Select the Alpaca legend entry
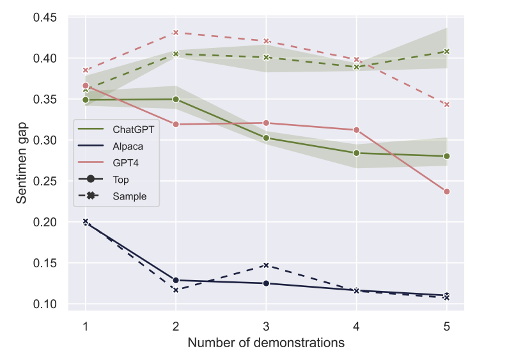tap(128, 146)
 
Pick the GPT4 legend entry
tap(125, 163)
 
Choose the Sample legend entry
tap(129, 196)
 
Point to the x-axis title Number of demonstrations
tap(266, 343)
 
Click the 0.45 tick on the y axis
tap(45, 17)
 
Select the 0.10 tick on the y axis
tap(45, 304)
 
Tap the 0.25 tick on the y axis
tap(45, 181)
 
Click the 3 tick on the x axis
tap(266, 325)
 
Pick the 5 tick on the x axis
tap(446, 325)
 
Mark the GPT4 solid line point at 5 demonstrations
tap(446, 192)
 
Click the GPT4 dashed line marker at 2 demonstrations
tap(176, 33)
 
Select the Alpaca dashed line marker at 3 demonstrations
tap(266, 265)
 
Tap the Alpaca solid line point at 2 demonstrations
tap(176, 280)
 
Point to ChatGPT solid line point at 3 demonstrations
tap(266, 138)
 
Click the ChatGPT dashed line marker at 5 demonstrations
tap(446, 51)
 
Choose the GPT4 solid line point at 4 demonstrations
tap(356, 130)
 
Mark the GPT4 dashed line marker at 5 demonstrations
tap(446, 104)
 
